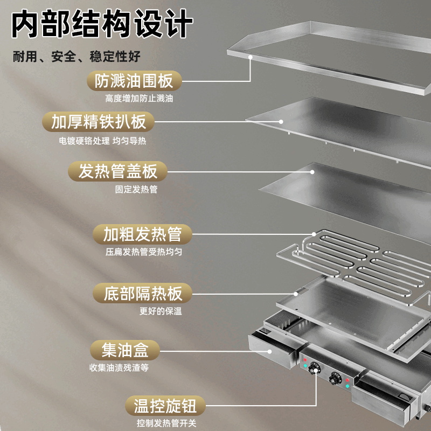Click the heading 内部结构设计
(x=102, y=25)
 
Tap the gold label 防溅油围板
(x=134, y=81)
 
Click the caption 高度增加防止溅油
(x=131, y=99)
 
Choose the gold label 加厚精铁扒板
(x=99, y=121)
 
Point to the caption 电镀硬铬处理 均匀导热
(x=102, y=141)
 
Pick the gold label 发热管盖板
(x=118, y=172)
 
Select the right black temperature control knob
(x=337, y=379)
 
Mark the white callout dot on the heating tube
(x=315, y=234)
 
